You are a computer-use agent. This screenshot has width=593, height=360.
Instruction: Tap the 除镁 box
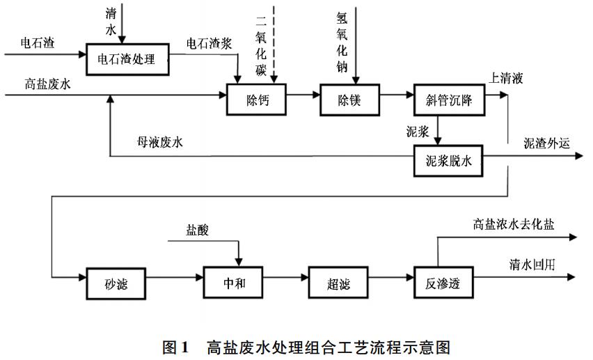351,99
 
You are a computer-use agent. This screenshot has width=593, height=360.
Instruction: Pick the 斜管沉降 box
448,99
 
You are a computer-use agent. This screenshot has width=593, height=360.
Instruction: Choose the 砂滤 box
115,283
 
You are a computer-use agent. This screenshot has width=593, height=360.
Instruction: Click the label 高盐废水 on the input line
48,85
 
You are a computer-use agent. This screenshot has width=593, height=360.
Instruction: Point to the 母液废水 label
160,144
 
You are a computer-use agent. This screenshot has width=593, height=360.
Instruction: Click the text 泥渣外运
546,144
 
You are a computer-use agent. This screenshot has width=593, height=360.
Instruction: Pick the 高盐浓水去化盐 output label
514,225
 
